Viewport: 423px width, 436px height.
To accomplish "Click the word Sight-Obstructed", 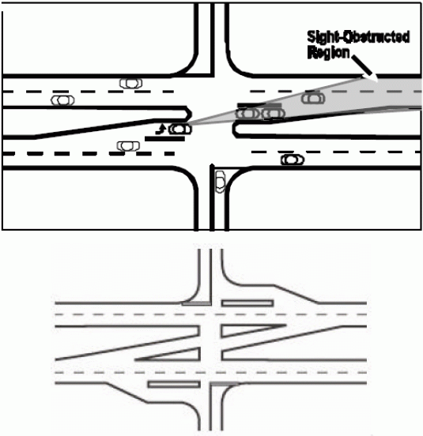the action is coord(358,37).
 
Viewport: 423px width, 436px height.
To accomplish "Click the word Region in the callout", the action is coord(328,53).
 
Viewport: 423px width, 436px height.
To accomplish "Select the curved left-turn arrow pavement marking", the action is coord(161,130).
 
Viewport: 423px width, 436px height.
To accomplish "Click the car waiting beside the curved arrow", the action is coord(180,129).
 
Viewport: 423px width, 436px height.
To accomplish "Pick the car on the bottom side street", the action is coord(221,182).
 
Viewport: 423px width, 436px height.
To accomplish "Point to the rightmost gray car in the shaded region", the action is coord(313,98).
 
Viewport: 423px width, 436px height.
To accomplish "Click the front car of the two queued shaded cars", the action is coord(247,114).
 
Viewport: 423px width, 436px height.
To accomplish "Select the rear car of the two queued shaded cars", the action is coord(274,114).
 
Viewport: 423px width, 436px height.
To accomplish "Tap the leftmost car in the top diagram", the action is coord(62,100).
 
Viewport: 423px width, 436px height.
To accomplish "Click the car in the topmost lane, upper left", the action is coord(130,83).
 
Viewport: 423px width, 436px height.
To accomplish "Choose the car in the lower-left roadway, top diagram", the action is coord(128,146).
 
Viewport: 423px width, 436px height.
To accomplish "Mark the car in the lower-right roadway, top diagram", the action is coord(293,160).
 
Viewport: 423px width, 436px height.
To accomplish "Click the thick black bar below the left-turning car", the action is coord(164,138).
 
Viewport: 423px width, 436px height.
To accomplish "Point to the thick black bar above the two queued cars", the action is coord(259,105).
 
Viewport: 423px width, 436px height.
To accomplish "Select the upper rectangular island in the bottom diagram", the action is coord(247,303).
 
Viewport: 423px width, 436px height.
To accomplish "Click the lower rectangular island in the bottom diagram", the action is coord(174,385).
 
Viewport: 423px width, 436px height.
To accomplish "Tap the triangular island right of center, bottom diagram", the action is coord(245,331).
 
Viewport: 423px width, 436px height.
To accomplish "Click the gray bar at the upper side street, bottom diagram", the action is coord(196,303).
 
